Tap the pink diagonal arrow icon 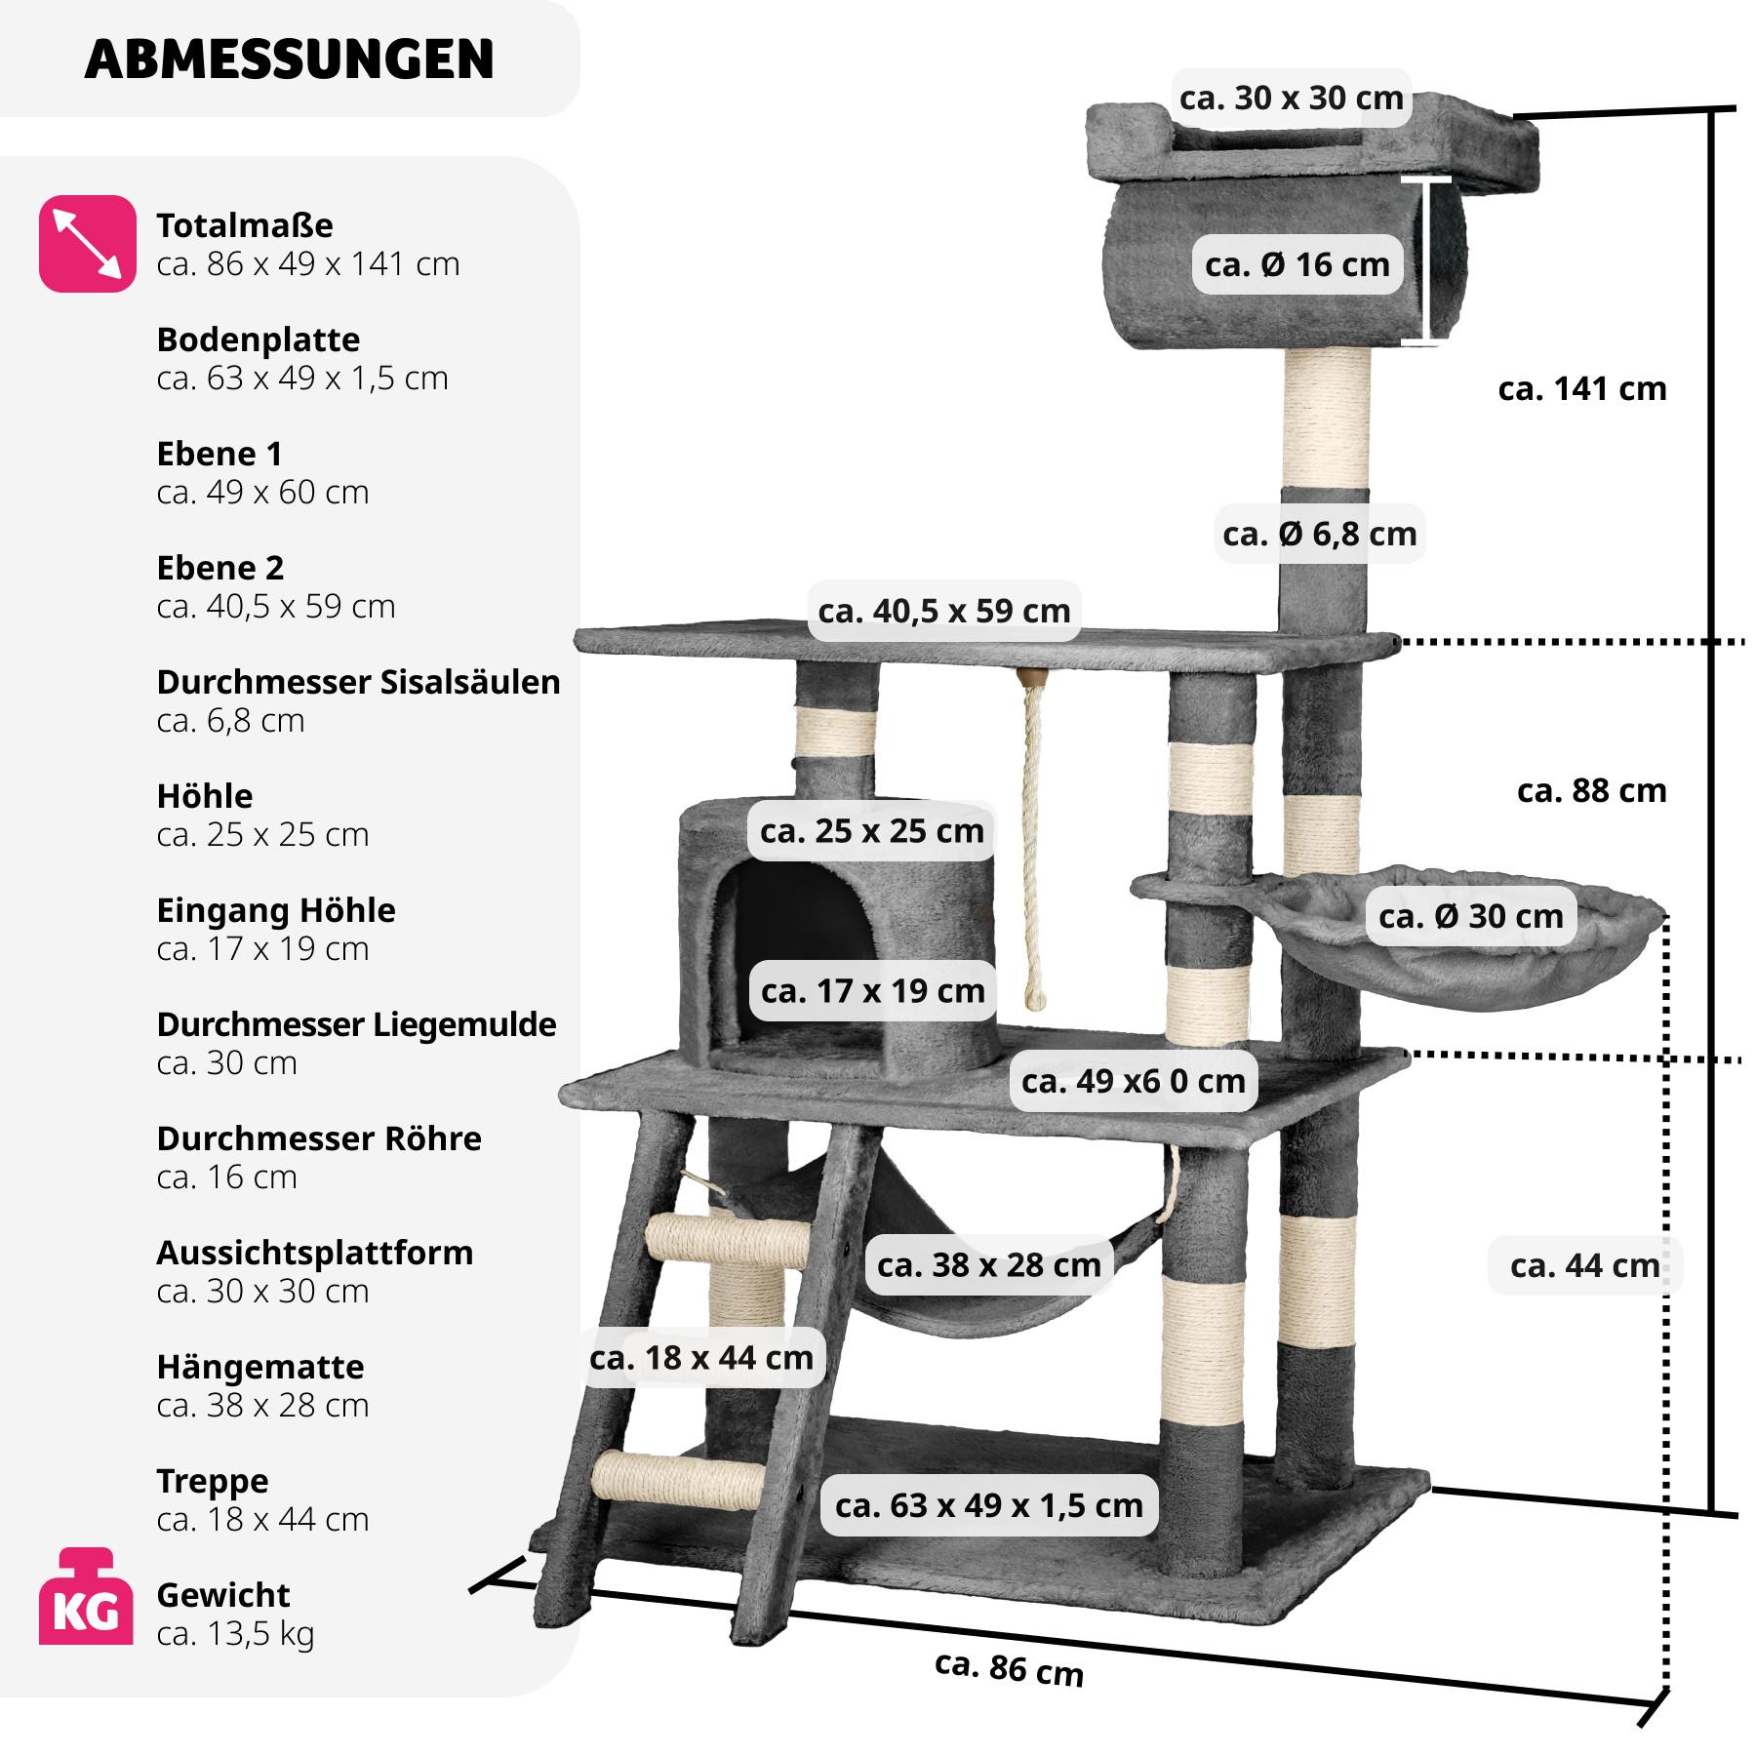point(87,243)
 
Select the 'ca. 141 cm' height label point(1581,389)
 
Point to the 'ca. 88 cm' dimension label point(1591,790)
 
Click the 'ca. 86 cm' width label point(1009,1667)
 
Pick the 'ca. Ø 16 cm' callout point(1297,264)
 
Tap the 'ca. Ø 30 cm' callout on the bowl point(1470,916)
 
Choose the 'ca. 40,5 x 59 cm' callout point(943,611)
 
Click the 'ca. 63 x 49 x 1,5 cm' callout point(988,1505)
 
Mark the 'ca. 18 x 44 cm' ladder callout point(700,1357)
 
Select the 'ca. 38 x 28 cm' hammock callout point(988,1265)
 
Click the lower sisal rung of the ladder point(678,1480)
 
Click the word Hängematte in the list point(259,1367)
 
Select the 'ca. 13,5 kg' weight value point(235,1633)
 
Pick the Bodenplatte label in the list point(258,339)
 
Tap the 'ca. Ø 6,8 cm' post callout point(1319,534)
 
